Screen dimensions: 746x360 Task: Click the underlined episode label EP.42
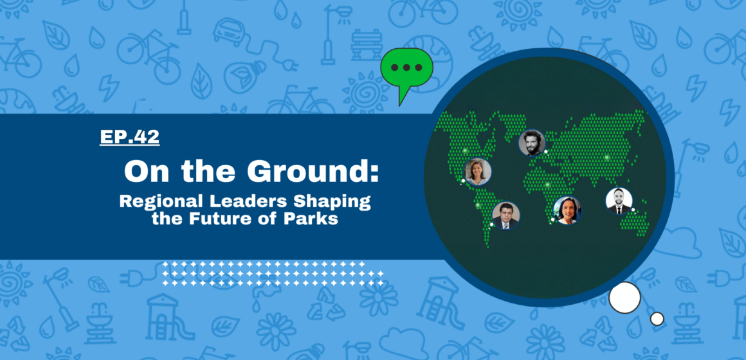[x=129, y=137]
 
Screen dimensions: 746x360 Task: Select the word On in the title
[x=140, y=171]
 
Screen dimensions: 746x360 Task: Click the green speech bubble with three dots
[x=406, y=72]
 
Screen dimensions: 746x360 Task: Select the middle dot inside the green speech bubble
[x=407, y=67]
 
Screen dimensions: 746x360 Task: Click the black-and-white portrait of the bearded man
[x=531, y=143]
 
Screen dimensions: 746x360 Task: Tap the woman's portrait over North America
[x=478, y=172]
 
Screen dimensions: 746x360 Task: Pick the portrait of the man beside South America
[x=505, y=215]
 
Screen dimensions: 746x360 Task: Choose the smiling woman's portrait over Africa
[x=568, y=210]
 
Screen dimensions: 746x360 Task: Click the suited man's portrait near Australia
[x=619, y=201]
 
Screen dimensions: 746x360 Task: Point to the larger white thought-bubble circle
[x=624, y=297]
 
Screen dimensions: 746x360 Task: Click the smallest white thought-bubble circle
[x=657, y=319]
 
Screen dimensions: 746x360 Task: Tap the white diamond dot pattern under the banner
[x=273, y=273]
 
